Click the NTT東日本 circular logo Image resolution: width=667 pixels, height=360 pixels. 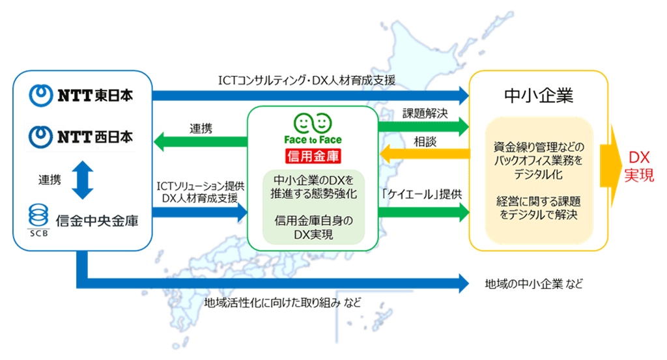41,95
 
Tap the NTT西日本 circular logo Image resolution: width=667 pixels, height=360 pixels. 41,137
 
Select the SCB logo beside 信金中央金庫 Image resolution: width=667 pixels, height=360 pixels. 38,220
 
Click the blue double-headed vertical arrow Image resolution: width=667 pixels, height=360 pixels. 83,180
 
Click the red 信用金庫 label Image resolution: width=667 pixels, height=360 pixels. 313,156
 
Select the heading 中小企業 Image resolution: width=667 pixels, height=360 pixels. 539,96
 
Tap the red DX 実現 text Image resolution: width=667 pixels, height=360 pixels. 639,166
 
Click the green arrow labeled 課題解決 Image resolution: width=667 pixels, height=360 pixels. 423,126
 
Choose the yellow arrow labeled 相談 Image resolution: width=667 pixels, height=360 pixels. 425,154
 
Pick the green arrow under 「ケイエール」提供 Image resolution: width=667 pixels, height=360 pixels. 423,212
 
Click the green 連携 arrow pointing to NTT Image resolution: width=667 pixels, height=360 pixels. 201,141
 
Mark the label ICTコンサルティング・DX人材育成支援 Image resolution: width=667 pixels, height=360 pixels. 307,80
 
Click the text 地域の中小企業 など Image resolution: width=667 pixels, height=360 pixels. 534,284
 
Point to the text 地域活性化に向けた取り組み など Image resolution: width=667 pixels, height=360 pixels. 283,303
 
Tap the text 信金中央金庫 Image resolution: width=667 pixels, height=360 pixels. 97,221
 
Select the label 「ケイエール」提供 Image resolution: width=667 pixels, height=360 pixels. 422,194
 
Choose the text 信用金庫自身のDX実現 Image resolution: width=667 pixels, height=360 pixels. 313,227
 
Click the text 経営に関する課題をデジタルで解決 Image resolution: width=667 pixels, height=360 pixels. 539,208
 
